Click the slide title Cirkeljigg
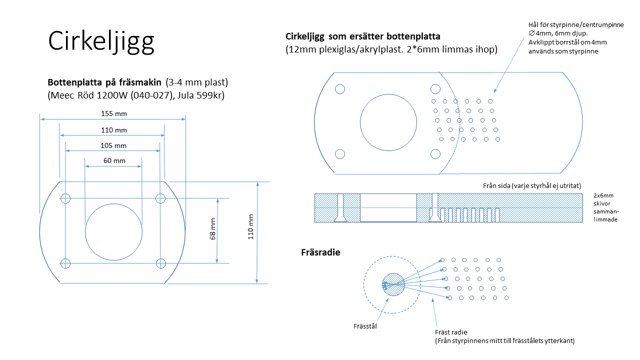point(101,41)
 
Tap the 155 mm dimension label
point(114,113)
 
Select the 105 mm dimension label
point(114,145)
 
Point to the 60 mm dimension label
point(114,161)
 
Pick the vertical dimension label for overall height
point(250,226)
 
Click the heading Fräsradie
point(320,252)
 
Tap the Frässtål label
point(365,326)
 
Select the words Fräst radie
point(451,332)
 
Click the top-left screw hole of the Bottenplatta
point(65,198)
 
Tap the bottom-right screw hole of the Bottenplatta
point(160,263)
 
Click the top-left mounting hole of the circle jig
point(340,89)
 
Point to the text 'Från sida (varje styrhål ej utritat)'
point(531,185)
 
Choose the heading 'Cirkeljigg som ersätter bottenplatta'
point(362,36)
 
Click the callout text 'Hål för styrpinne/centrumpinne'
point(576,24)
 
